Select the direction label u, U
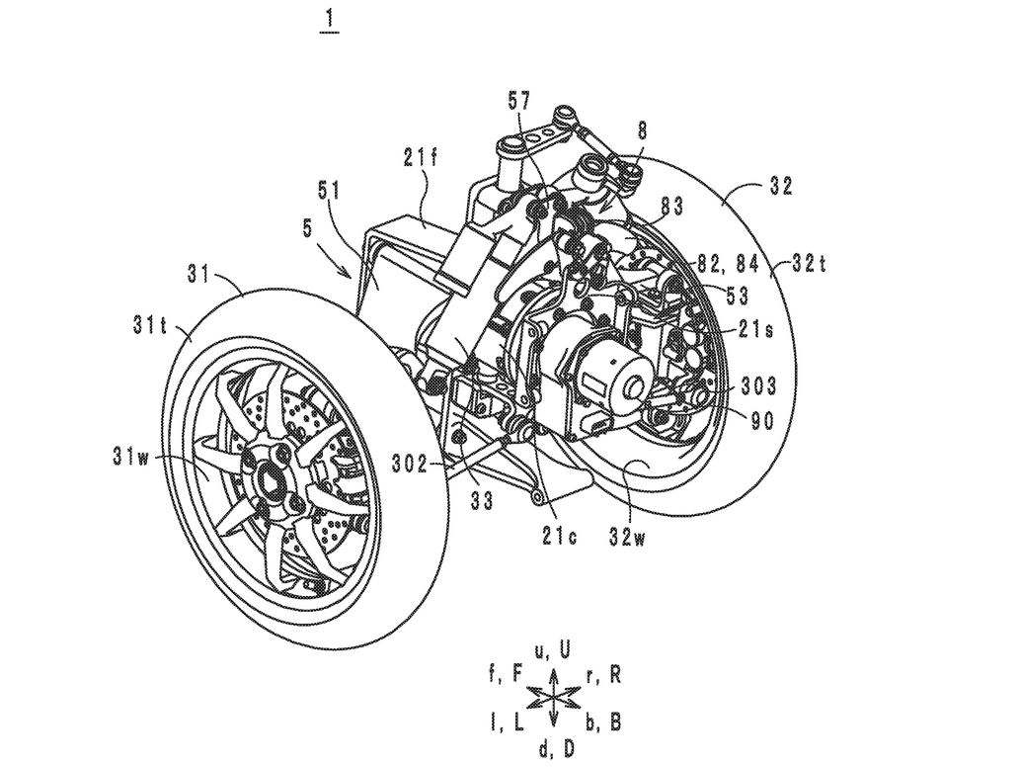552,650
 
